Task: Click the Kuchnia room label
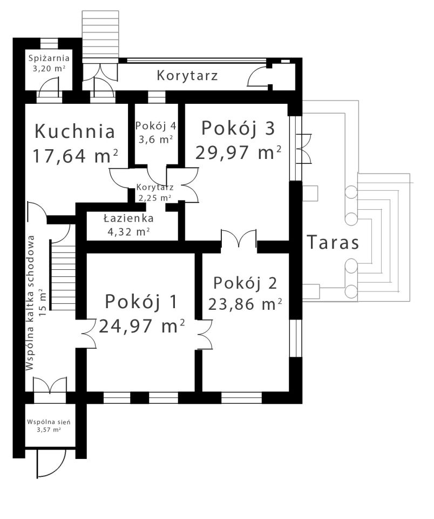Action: click(74, 131)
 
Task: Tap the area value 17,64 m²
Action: click(75, 156)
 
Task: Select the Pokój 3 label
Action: click(238, 129)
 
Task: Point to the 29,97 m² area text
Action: click(239, 153)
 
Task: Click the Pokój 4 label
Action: click(155, 125)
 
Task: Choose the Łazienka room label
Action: click(128, 218)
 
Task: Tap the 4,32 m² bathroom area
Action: click(128, 231)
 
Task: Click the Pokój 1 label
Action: click(141, 302)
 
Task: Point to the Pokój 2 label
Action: click(245, 283)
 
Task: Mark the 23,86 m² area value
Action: click(245, 304)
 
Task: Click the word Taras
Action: click(333, 243)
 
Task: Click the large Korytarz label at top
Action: click(187, 76)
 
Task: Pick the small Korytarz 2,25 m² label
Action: click(155, 192)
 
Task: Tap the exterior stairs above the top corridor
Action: click(100, 32)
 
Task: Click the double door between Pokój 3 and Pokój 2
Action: click(239, 238)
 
